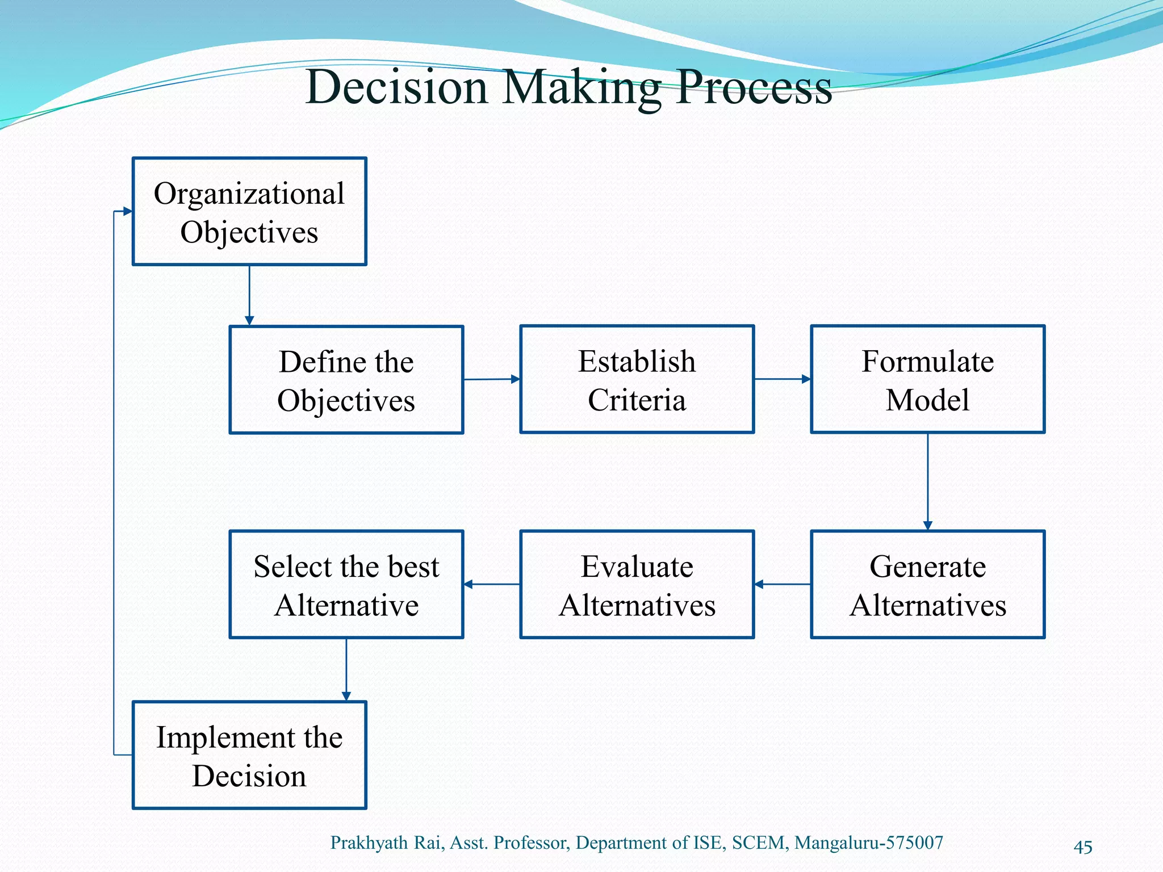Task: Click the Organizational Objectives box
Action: tap(249, 211)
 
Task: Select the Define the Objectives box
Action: tap(346, 380)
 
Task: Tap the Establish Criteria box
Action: tap(637, 379)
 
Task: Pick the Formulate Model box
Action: tap(927, 379)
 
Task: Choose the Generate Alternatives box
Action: tap(927, 584)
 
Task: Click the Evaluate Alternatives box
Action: tap(637, 584)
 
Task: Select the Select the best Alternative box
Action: tap(346, 584)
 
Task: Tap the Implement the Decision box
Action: tap(249, 755)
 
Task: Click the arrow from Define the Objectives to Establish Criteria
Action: tap(492, 379)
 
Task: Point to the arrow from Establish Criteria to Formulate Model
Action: tap(783, 379)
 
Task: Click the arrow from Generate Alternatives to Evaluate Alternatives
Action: tap(783, 584)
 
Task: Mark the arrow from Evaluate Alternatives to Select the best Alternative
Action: tap(492, 584)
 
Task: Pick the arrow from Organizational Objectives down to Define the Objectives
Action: tap(249, 295)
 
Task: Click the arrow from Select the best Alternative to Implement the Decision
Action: tap(346, 670)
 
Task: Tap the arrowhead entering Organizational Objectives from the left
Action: tap(127, 212)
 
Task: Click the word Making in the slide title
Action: tap(581, 88)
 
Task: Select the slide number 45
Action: tap(1083, 847)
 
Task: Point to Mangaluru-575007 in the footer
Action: tap(868, 842)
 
